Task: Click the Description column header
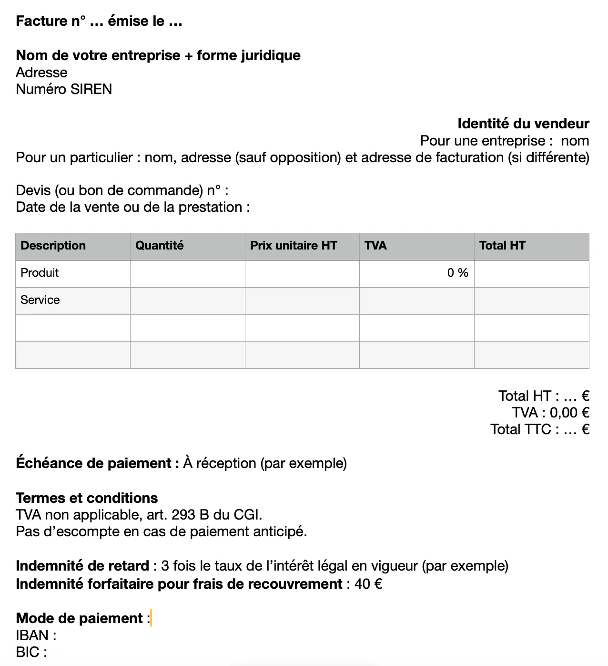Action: point(53,246)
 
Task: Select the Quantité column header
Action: point(159,246)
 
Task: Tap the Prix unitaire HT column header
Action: point(293,246)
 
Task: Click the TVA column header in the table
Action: point(375,246)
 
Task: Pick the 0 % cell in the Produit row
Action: point(457,273)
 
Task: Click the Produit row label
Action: point(40,273)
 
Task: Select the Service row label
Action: point(40,300)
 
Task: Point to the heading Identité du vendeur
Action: point(523,124)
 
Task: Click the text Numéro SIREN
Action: point(64,89)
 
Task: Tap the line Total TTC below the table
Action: point(539,429)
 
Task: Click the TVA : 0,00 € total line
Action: point(550,413)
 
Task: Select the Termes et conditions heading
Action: point(87,498)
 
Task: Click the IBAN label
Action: point(36,635)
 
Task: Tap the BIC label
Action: point(31,652)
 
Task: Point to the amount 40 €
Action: point(368,584)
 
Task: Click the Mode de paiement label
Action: point(79,618)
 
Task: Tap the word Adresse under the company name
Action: point(41,73)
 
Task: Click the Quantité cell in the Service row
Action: point(187,301)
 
